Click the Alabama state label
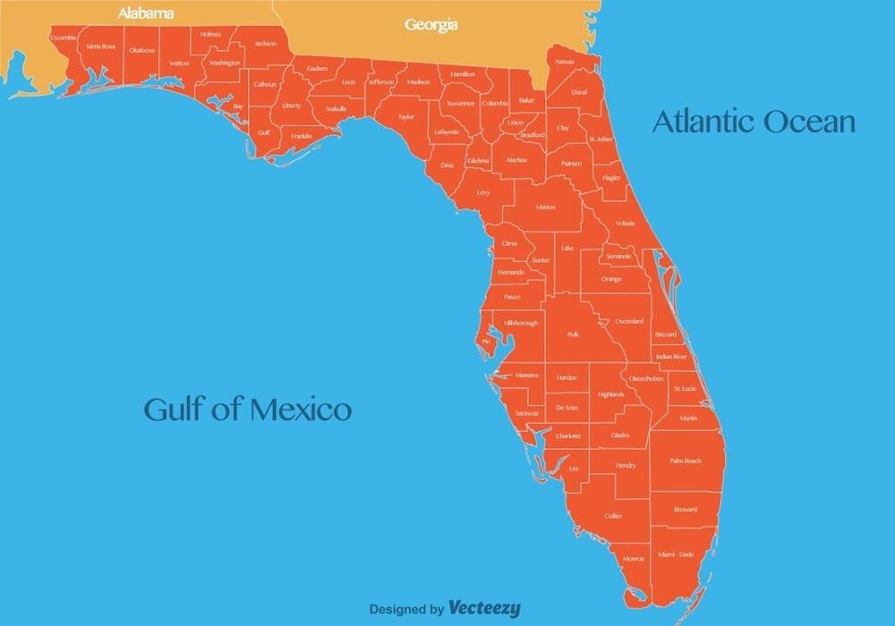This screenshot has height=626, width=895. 146,13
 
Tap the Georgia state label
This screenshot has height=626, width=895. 431,24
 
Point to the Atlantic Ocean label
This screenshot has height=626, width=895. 754,121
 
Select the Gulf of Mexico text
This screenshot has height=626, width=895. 248,410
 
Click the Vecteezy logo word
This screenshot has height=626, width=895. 484,608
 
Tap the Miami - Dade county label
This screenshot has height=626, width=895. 675,554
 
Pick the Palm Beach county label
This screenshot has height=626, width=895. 685,461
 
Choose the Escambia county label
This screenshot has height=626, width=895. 64,38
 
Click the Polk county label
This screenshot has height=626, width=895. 573,334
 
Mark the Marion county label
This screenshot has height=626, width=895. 546,207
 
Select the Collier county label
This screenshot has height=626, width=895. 613,516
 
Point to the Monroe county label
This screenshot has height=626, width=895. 633,559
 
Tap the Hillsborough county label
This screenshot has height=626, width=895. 521,323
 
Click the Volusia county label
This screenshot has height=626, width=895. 626,224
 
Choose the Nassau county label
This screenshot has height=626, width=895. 564,62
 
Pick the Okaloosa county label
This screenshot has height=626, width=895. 141,50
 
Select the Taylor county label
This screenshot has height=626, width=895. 406,116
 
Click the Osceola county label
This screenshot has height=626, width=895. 629,321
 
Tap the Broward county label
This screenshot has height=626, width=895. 686,510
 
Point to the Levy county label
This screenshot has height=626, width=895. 483,192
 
